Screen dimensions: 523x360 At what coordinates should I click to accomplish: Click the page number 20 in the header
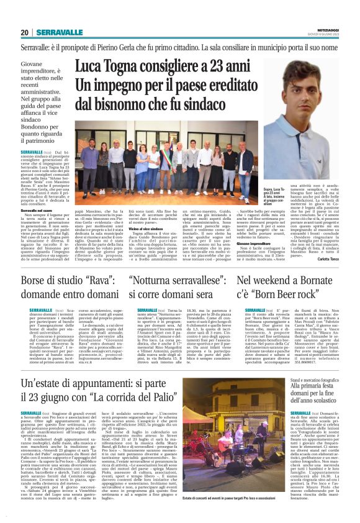25,32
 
